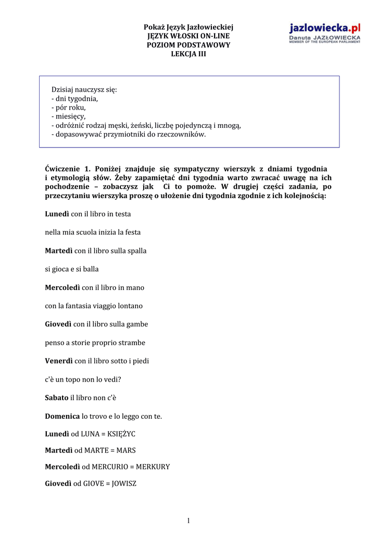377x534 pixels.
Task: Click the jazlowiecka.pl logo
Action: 324,33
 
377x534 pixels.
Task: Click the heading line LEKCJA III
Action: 188,54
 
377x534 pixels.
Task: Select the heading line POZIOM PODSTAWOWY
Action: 188,45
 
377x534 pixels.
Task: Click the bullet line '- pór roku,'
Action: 69,107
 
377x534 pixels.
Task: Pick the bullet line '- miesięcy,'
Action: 69,116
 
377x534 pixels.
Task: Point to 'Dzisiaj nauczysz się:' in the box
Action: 84,90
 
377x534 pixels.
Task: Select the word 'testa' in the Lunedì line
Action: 122,214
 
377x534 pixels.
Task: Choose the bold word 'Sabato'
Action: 57,397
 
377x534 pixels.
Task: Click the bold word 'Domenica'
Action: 62,416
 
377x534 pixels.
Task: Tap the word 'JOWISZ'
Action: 124,483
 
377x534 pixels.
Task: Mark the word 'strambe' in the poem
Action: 132,343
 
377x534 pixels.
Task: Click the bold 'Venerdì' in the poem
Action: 59,361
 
